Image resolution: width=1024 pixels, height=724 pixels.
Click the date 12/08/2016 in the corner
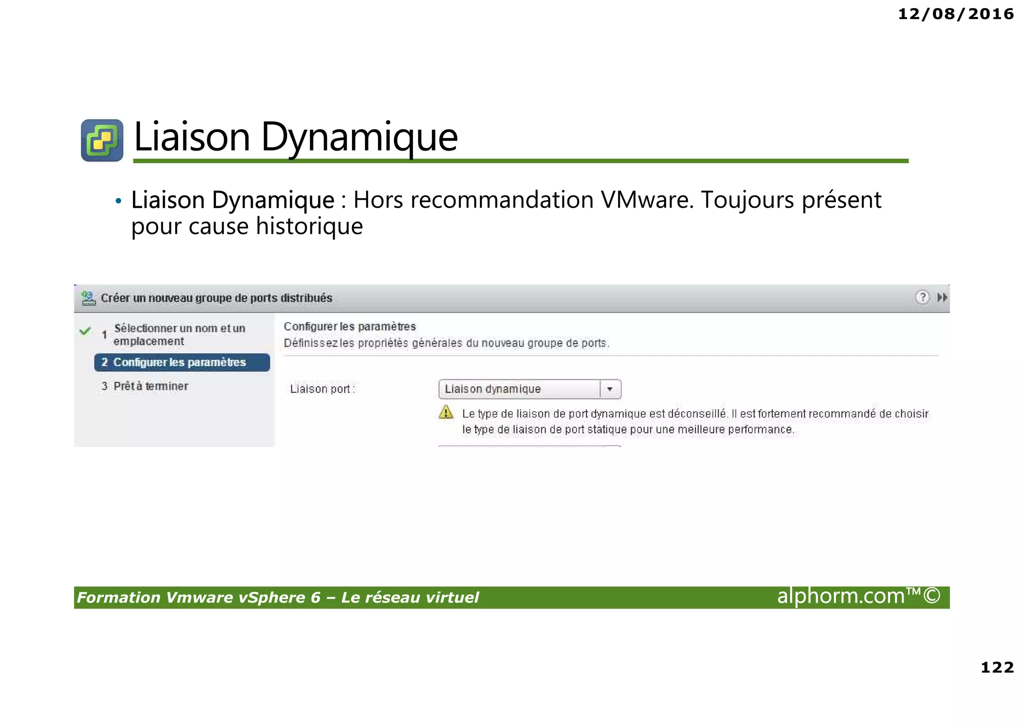pyautogui.click(x=955, y=14)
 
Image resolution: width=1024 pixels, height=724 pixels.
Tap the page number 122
pyautogui.click(x=997, y=667)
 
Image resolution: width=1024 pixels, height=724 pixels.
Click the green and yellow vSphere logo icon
pyautogui.click(x=102, y=140)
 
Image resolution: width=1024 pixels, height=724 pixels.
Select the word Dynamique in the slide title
pyautogui.click(x=359, y=137)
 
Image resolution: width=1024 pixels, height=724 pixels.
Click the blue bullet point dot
pyautogui.click(x=118, y=201)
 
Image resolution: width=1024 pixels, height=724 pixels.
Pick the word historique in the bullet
pyautogui.click(x=309, y=226)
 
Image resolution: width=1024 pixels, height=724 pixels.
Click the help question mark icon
pyautogui.click(x=922, y=297)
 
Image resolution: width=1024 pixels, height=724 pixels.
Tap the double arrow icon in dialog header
pyautogui.click(x=942, y=297)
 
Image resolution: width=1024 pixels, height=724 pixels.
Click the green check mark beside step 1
pyautogui.click(x=85, y=331)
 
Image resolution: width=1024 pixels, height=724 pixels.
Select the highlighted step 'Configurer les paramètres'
pyautogui.click(x=181, y=362)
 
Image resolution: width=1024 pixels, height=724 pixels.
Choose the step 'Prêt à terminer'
pyautogui.click(x=150, y=386)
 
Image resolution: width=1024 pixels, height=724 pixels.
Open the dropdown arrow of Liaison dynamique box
pyautogui.click(x=610, y=389)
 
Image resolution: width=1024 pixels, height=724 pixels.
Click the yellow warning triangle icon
pyautogui.click(x=445, y=413)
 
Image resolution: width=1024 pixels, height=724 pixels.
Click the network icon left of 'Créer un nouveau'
pyautogui.click(x=88, y=298)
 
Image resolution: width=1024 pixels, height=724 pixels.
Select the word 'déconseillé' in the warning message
pyautogui.click(x=696, y=414)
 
